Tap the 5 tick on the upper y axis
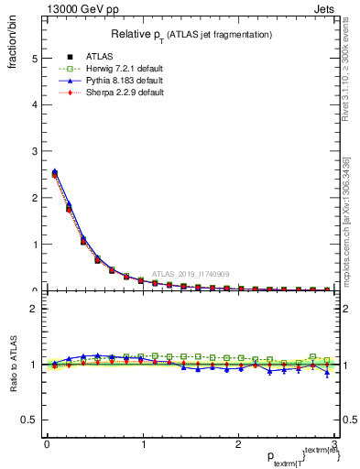[34, 59]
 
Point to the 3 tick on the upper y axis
[34, 151]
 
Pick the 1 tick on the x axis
[142, 444]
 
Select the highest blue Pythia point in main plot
[55, 171]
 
